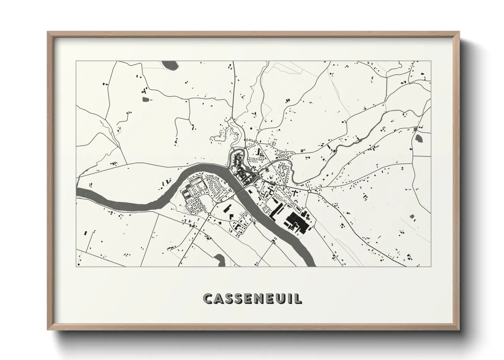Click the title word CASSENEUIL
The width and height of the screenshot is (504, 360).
[252, 298]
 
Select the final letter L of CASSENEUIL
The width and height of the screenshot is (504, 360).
[298, 299]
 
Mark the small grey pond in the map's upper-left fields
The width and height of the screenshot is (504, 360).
[146, 99]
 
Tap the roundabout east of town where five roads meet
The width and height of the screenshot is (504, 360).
[309, 192]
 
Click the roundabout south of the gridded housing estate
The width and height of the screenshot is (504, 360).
[209, 214]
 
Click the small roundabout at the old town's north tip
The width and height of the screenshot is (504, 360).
[245, 149]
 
